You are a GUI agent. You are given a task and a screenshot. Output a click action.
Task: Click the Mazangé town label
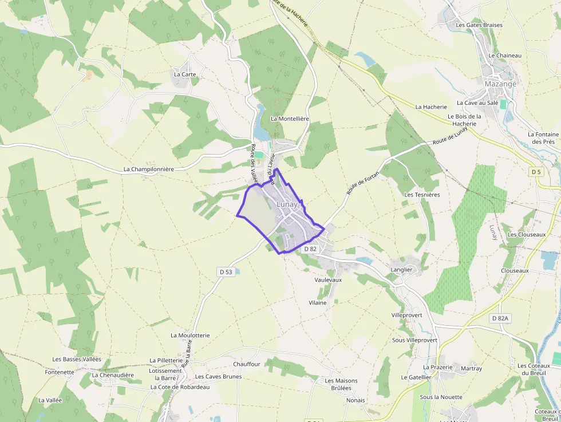click(x=500, y=84)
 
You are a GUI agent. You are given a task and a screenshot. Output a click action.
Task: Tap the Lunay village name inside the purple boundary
click(x=287, y=204)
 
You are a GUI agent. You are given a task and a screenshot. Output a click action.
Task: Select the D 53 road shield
click(x=225, y=271)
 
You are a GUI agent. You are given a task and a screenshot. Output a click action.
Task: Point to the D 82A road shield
click(x=500, y=318)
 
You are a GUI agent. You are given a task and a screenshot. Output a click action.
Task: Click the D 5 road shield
click(x=536, y=172)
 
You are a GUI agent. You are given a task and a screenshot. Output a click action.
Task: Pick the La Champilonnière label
click(x=149, y=169)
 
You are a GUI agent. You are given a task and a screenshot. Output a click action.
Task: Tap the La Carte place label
click(x=185, y=74)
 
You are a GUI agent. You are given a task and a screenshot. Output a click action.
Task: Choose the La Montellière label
click(x=290, y=119)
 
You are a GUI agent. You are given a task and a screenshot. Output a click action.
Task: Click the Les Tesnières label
click(x=422, y=195)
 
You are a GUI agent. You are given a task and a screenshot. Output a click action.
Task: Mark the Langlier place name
click(x=401, y=270)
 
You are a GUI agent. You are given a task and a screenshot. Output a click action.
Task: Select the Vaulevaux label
click(x=328, y=280)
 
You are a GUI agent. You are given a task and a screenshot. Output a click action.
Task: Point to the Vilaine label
click(x=318, y=302)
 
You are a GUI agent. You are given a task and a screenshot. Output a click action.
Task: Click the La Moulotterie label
click(x=190, y=335)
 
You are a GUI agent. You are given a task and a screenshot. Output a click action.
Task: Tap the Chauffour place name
click(x=247, y=364)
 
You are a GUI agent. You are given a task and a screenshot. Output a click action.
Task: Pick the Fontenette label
click(x=60, y=372)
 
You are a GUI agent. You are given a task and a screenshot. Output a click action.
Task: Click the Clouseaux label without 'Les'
click(x=515, y=271)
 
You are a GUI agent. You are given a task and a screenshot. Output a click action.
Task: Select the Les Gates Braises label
click(x=479, y=25)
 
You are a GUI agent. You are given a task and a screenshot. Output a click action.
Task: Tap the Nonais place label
click(x=355, y=400)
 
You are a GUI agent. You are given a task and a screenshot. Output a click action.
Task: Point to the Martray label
click(x=471, y=369)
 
